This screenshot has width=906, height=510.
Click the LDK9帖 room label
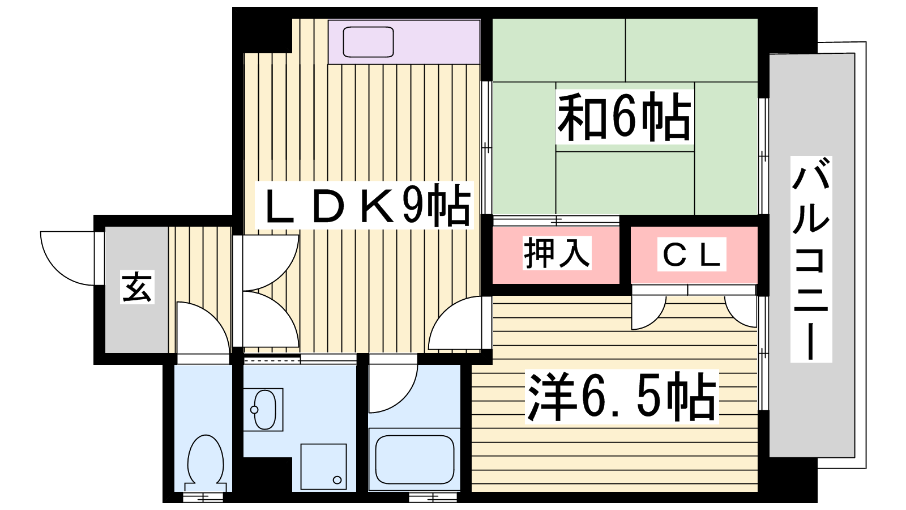(x=364, y=205)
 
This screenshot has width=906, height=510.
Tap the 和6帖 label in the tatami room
(x=624, y=117)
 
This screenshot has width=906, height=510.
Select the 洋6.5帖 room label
(x=622, y=397)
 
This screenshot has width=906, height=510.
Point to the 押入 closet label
(x=557, y=253)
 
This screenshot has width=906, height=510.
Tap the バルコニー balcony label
(x=811, y=259)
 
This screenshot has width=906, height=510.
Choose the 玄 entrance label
(x=137, y=287)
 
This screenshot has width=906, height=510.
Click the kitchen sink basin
(x=368, y=41)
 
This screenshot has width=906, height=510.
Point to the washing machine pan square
(x=323, y=466)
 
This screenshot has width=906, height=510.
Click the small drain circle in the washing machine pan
(x=337, y=480)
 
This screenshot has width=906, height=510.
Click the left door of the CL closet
(x=647, y=311)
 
